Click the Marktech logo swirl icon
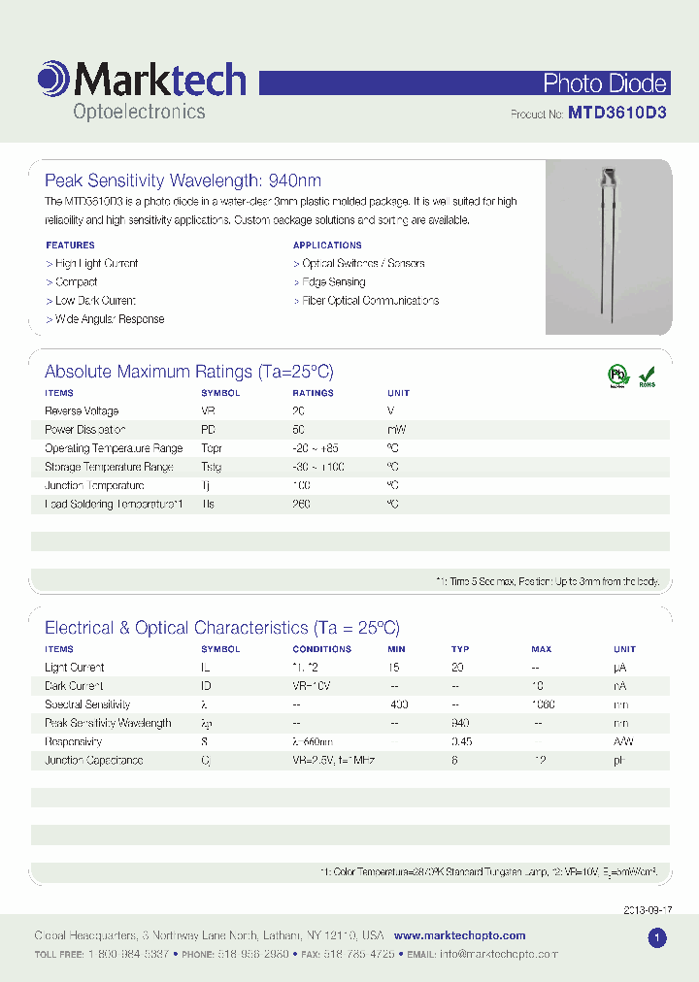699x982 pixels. pos(52,80)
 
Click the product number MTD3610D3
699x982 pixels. pos(617,114)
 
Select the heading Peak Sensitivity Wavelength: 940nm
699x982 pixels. pos(183,180)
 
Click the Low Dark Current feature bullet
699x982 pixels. pos(90,301)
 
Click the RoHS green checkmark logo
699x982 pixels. pos(647,376)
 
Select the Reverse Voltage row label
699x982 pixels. pos(82,411)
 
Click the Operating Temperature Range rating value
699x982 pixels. pos(316,449)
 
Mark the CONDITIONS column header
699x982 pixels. pos(321,649)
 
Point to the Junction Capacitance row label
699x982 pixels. pos(93,761)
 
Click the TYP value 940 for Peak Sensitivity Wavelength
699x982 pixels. pos(461,724)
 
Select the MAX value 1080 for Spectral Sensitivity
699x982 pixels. pos(543,705)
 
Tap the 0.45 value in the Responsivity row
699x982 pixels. pos(462,742)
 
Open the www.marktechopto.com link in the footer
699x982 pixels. pos(459,936)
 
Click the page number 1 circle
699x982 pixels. pos(657,937)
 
